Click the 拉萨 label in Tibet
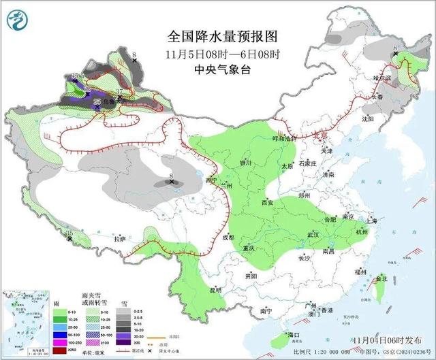(x=120, y=240)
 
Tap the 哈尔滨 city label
(x=383, y=79)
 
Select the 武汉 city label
(x=314, y=234)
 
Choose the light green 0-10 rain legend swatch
(x=43, y=297)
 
